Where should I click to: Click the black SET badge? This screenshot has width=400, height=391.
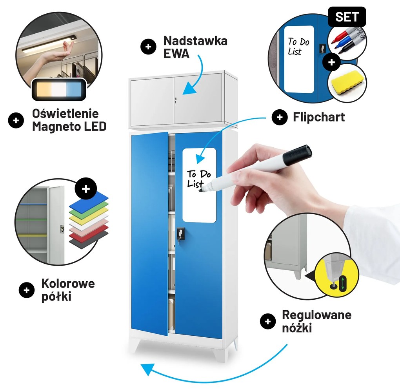click(x=347, y=17)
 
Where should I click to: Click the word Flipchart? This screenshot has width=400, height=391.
click(x=319, y=117)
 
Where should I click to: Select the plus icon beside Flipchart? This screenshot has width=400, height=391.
click(x=280, y=117)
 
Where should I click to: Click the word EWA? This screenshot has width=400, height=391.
click(x=176, y=54)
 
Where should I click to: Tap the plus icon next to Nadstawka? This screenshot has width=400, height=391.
click(x=148, y=47)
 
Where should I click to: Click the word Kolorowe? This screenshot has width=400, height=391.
click(x=68, y=283)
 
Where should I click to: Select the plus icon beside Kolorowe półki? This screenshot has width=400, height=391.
click(x=27, y=290)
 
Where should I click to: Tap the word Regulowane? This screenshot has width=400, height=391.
click(x=316, y=315)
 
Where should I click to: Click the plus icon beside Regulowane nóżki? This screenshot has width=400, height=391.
click(x=268, y=321)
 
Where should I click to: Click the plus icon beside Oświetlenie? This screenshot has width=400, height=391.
click(x=16, y=120)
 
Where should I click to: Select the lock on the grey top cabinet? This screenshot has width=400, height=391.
click(x=176, y=100)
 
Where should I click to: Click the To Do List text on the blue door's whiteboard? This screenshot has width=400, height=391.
click(x=199, y=179)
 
